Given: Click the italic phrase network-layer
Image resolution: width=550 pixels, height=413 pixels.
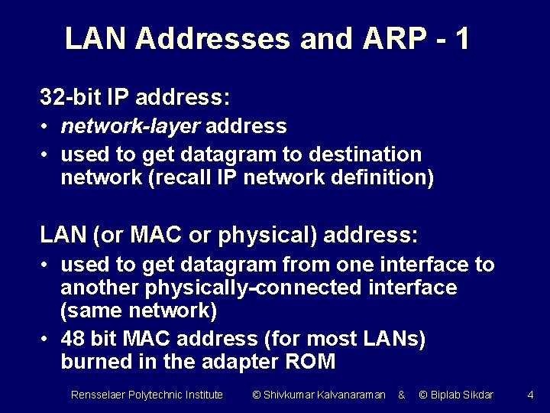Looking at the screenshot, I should (x=131, y=125).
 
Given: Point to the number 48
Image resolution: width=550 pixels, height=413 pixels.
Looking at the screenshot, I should (x=73, y=338).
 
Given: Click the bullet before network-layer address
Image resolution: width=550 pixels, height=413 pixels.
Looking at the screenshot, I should (x=47, y=125).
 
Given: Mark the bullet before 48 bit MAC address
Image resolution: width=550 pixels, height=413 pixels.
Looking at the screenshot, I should (x=47, y=338).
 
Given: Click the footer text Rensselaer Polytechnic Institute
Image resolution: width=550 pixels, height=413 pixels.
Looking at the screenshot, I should (x=147, y=395).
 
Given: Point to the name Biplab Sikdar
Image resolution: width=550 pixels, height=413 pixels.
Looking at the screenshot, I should (x=461, y=395).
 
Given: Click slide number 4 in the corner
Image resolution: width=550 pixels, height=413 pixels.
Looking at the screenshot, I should (x=530, y=395).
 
